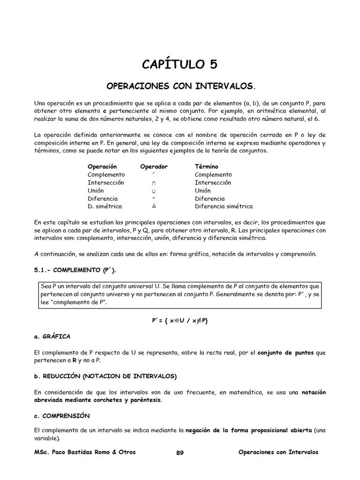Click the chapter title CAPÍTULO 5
coord(180,64)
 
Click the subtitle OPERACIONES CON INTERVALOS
coord(180,87)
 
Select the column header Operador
coord(154,166)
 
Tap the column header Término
coord(206,166)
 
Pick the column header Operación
coord(102,166)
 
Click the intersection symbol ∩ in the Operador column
coord(154,183)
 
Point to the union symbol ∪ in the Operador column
coord(154,191)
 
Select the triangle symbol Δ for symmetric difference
coord(154,206)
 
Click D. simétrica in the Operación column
coord(105,206)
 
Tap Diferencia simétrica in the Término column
coord(224,206)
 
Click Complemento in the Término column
coord(213,174)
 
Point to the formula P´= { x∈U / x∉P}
coord(180,320)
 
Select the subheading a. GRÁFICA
coord(52,336)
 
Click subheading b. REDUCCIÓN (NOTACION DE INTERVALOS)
coord(105,376)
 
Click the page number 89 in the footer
coord(180,452)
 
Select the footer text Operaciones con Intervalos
coord(278,452)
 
